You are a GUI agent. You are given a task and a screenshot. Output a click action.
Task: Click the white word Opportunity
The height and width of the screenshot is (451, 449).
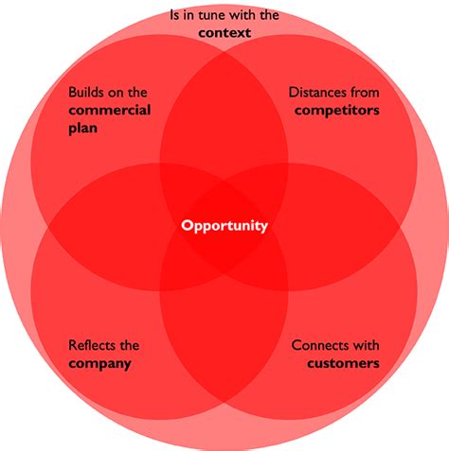[224, 226]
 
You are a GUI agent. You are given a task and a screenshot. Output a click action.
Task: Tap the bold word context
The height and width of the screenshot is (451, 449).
[224, 33]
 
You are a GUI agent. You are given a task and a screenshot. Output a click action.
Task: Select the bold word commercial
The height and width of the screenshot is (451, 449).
[110, 111]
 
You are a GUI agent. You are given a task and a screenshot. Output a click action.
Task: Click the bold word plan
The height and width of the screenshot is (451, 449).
[82, 129]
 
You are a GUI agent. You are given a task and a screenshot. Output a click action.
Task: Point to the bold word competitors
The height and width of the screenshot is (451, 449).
[337, 111]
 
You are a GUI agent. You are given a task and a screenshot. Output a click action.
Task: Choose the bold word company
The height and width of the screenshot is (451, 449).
[99, 364]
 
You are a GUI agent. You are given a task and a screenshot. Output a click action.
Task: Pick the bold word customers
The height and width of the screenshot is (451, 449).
[343, 363]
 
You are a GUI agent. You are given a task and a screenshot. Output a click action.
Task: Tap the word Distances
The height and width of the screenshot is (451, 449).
[314, 93]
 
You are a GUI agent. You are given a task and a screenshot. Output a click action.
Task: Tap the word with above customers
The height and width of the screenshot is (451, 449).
[363, 345]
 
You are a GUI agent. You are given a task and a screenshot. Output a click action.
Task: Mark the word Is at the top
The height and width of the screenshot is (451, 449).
[174, 15]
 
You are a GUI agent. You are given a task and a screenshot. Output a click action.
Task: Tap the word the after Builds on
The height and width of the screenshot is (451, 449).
[137, 93]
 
